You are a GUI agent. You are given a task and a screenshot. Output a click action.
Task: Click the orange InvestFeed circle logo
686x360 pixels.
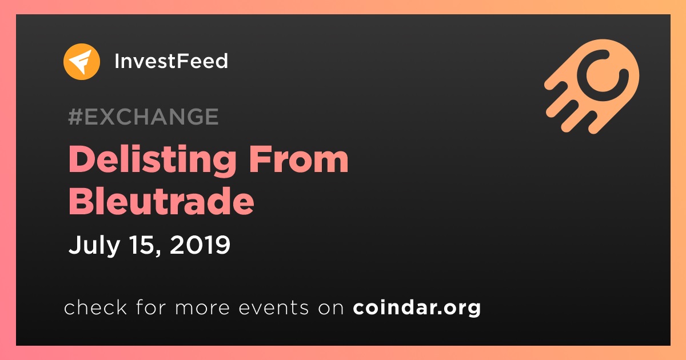click(x=82, y=62)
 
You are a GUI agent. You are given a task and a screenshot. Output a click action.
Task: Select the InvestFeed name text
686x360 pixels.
click(x=171, y=61)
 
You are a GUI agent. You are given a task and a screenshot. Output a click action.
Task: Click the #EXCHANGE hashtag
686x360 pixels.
click(x=143, y=117)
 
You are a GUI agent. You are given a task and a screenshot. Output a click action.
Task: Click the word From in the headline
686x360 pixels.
click(x=298, y=159)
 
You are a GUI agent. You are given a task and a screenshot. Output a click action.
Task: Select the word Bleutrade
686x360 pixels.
click(x=161, y=201)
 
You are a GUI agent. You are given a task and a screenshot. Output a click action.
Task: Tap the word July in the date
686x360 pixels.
click(x=94, y=246)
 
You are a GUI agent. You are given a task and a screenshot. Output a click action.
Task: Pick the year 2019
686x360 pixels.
click(x=200, y=245)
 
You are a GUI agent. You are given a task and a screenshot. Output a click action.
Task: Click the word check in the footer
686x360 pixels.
click(x=95, y=307)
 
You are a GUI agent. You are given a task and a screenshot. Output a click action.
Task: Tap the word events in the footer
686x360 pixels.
click(x=274, y=307)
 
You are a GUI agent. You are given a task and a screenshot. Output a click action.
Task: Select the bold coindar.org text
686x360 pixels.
click(x=417, y=308)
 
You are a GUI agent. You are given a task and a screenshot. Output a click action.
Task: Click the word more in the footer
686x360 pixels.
click(x=202, y=308)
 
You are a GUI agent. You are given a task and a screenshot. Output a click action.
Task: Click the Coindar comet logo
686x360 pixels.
click(x=592, y=86)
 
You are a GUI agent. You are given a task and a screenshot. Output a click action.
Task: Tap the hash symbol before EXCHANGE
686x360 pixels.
click(x=75, y=117)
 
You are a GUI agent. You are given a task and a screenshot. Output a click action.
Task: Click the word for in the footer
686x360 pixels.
click(x=151, y=307)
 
